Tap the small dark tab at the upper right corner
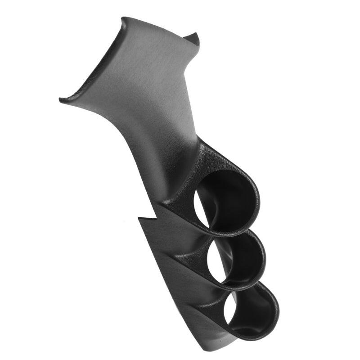point(193,39)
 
